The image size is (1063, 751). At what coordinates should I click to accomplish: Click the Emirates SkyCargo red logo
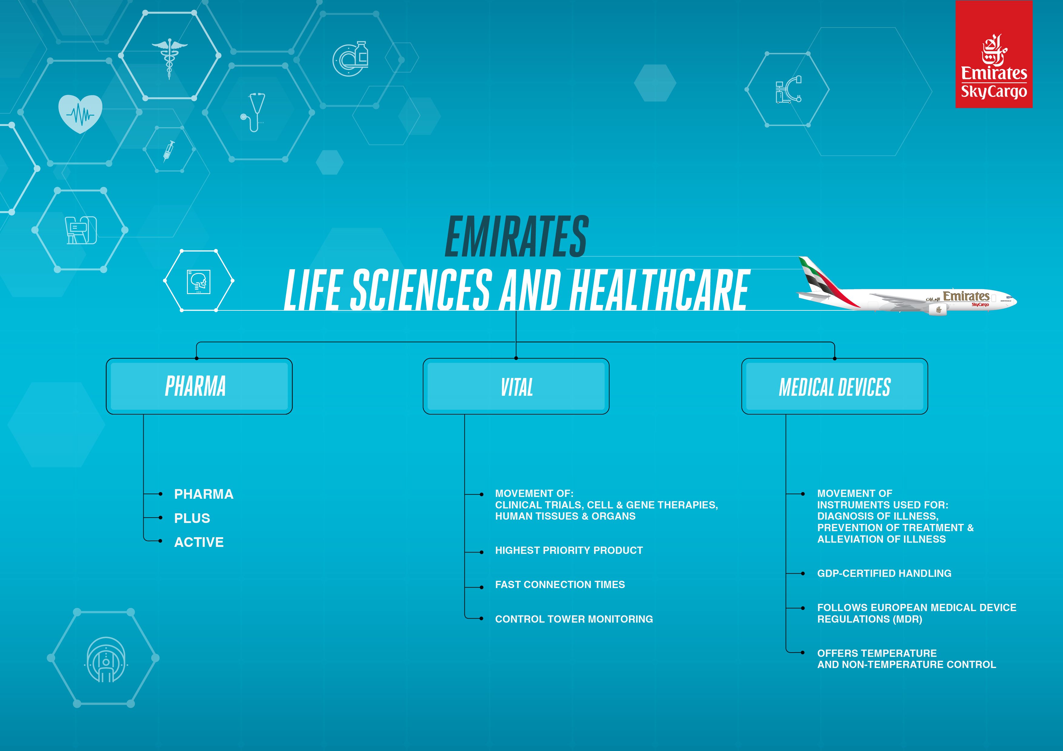pyautogui.click(x=994, y=54)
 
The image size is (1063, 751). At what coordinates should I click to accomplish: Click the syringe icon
pyautogui.click(x=169, y=151)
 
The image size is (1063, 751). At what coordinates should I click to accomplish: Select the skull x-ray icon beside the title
pyautogui.click(x=198, y=281)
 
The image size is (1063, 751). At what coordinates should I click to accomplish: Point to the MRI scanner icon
pyautogui.click(x=106, y=659)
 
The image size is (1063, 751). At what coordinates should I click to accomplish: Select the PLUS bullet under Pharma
pyautogui.click(x=192, y=518)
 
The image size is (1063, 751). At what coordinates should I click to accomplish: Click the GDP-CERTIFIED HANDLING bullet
pyautogui.click(x=884, y=573)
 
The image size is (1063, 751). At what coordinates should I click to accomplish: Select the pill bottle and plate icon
pyautogui.click(x=351, y=59)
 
